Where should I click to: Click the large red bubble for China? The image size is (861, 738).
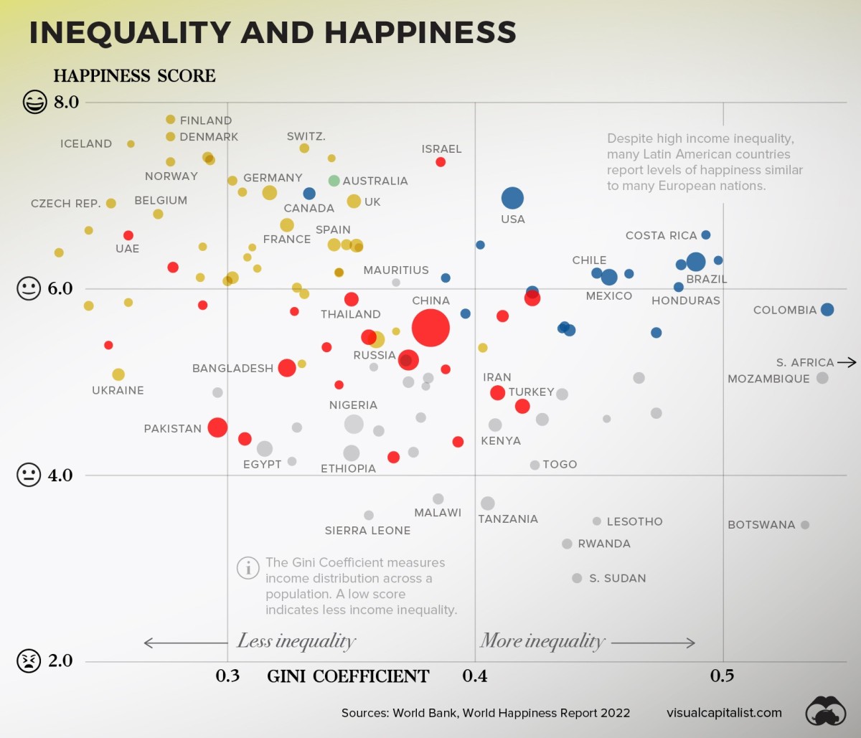pyautogui.click(x=430, y=328)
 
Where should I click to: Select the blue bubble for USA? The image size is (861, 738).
pyautogui.click(x=512, y=198)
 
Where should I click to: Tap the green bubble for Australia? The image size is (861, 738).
pyautogui.click(x=334, y=181)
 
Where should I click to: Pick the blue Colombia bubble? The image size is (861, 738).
pyautogui.click(x=827, y=309)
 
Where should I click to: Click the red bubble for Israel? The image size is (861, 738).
pyautogui.click(x=441, y=162)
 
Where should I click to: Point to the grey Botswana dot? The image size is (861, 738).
pyautogui.click(x=805, y=525)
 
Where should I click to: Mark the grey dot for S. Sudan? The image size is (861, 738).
pyautogui.click(x=577, y=578)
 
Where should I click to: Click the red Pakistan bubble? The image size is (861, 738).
pyautogui.click(x=217, y=427)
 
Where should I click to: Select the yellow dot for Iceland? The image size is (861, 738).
pyautogui.click(x=131, y=143)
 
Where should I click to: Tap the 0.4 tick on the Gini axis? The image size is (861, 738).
pyautogui.click(x=475, y=676)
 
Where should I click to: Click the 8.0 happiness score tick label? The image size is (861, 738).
pyautogui.click(x=66, y=102)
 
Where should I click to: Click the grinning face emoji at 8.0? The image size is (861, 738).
pyautogui.click(x=34, y=102)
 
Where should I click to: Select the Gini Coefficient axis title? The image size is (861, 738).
pyautogui.click(x=348, y=676)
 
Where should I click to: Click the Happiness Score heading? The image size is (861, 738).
pyautogui.click(x=134, y=76)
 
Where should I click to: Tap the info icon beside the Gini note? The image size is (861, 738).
pyautogui.click(x=248, y=568)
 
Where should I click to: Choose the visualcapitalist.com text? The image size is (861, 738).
pyautogui.click(x=723, y=712)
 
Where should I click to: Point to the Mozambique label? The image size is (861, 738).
pyautogui.click(x=768, y=379)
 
